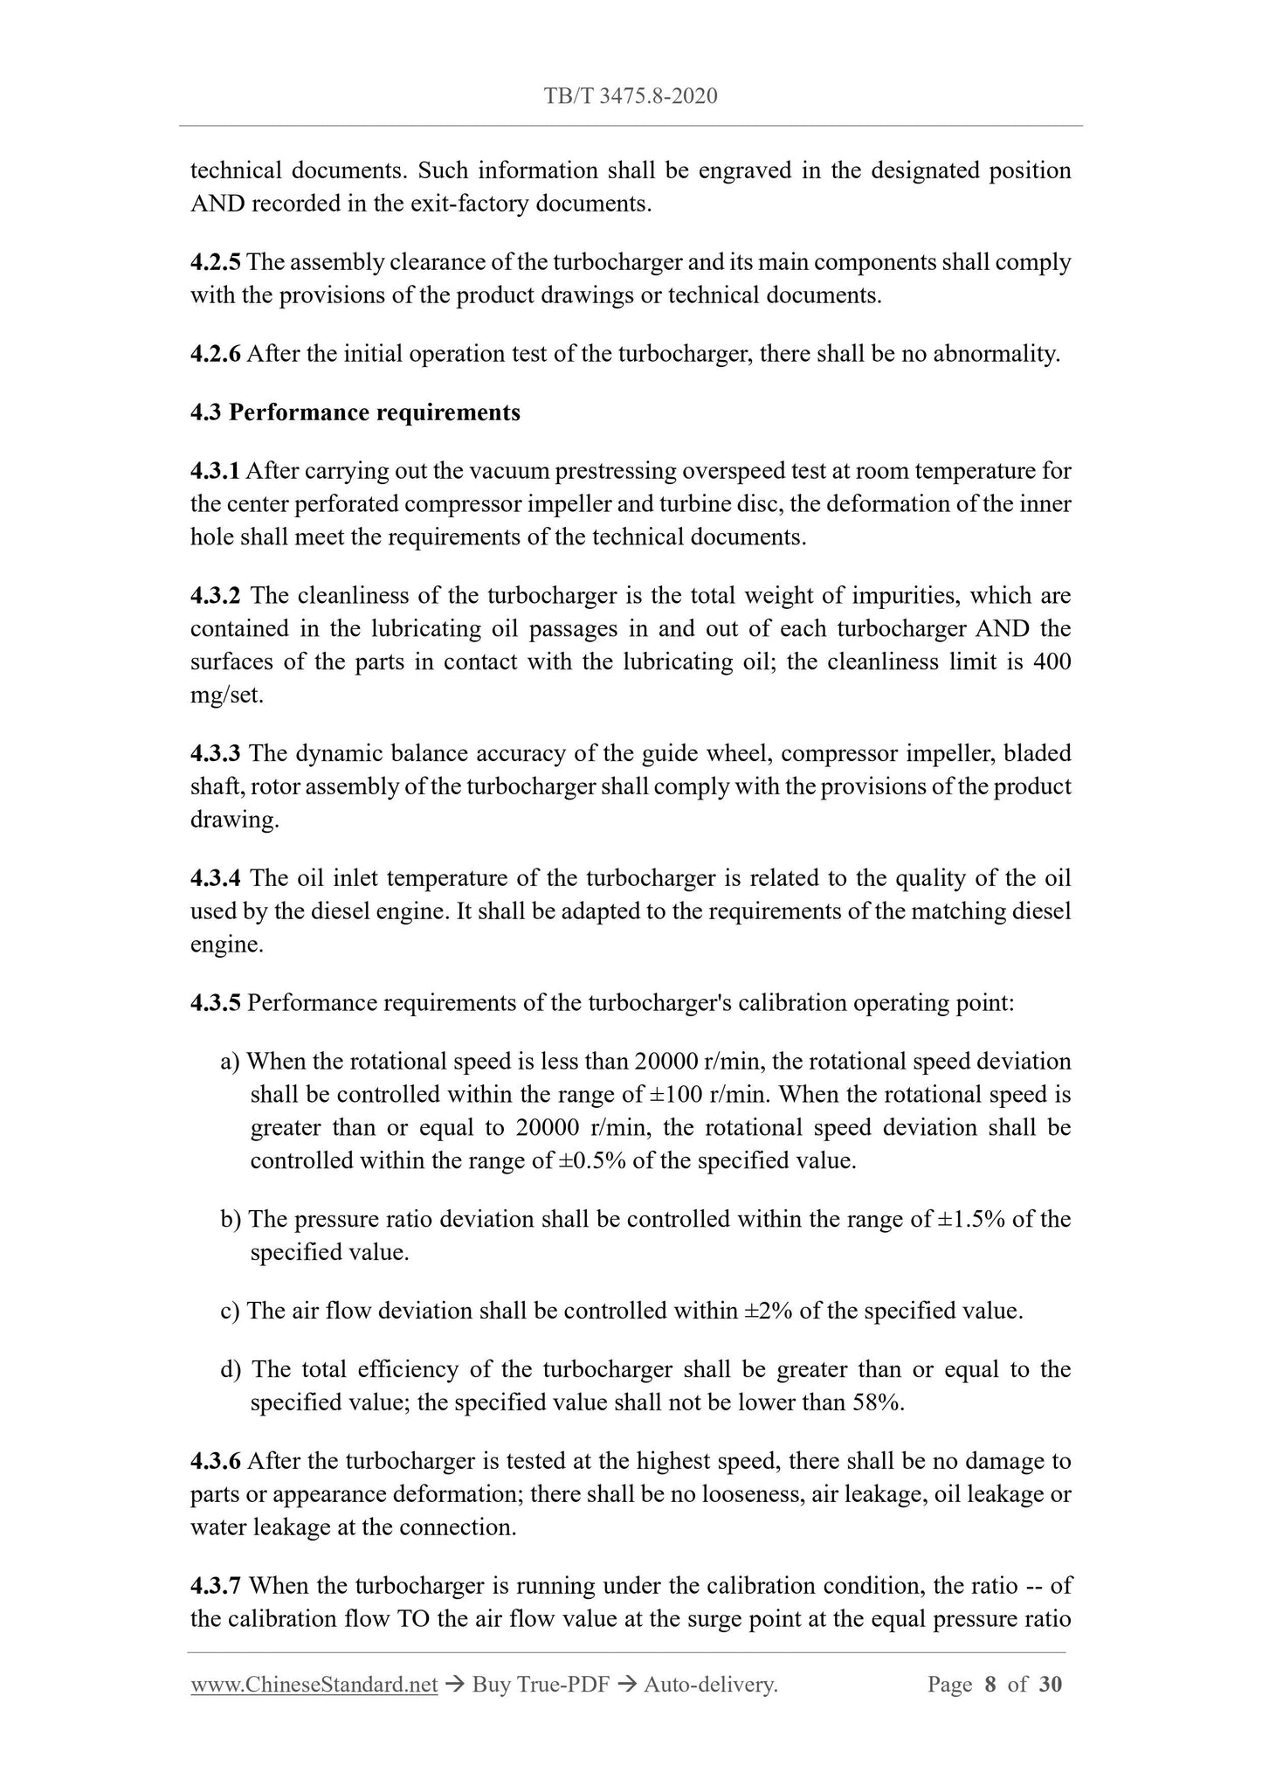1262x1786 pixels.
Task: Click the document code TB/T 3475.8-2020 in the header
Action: [x=631, y=96]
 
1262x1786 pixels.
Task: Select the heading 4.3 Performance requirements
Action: [x=355, y=412]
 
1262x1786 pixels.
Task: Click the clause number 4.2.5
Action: [x=216, y=262]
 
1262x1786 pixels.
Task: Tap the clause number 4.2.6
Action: [x=216, y=354]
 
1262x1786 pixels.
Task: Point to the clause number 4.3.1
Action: [x=216, y=471]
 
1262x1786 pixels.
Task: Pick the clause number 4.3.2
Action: [x=216, y=596]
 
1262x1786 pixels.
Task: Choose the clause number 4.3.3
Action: [x=216, y=753]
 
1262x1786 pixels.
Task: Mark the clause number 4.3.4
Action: [x=216, y=878]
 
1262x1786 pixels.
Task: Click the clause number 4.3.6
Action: [x=216, y=1461]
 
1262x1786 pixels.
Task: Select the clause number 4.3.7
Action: [x=216, y=1586]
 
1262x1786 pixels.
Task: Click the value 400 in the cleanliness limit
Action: [x=1052, y=661]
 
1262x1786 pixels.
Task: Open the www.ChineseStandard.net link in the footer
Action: [x=314, y=1685]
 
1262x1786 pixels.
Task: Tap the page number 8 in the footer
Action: [x=990, y=1685]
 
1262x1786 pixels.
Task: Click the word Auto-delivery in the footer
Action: [x=709, y=1685]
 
